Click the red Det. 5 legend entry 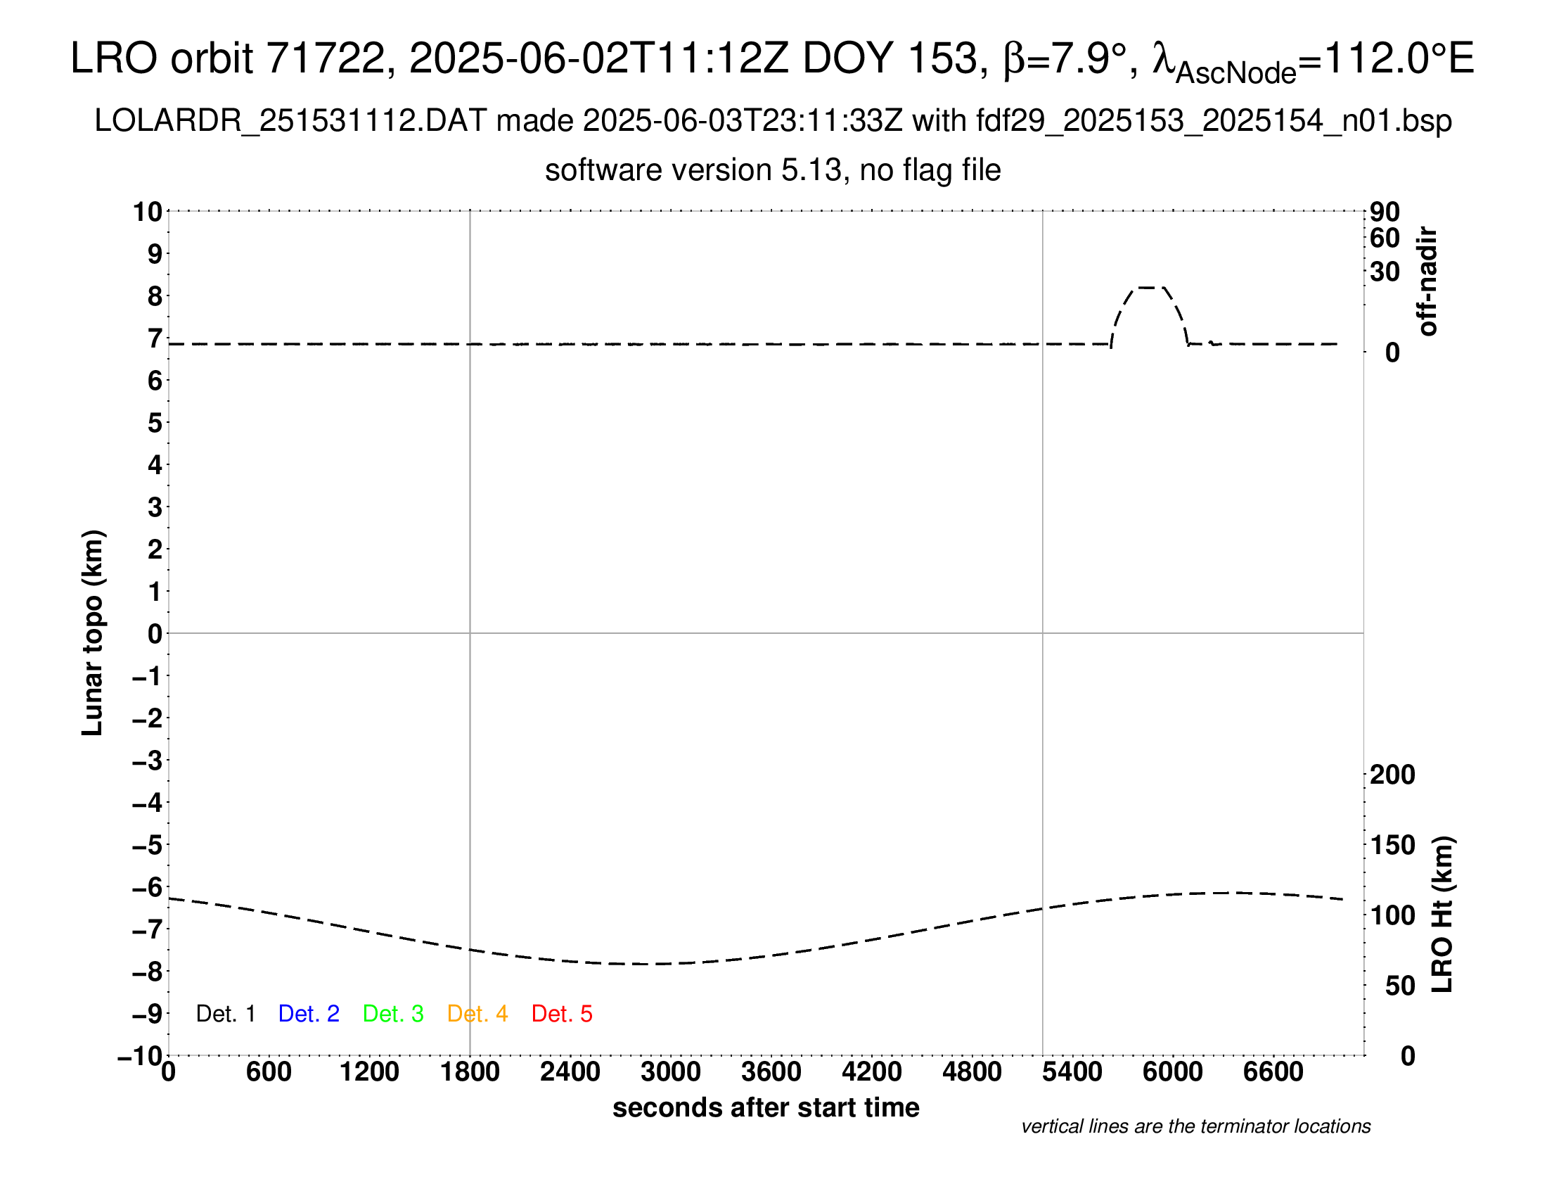point(562,1014)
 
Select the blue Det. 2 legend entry point(309,1014)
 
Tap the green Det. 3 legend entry point(393,1014)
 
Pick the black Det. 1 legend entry point(225,1014)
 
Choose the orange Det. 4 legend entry point(477,1014)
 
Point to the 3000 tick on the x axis point(671,1071)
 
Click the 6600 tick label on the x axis point(1273,1071)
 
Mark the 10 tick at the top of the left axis point(148,211)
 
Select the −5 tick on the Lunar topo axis point(148,845)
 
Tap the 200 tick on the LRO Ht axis point(1392,775)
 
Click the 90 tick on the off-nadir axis point(1385,211)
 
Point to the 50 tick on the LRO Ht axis point(1399,986)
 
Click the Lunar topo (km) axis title point(93,632)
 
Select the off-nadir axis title point(1427,281)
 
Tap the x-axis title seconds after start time point(766,1107)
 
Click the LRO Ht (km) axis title point(1442,915)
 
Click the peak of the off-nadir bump point(1148,288)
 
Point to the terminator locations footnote point(1195,1126)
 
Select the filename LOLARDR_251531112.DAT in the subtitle point(290,121)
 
